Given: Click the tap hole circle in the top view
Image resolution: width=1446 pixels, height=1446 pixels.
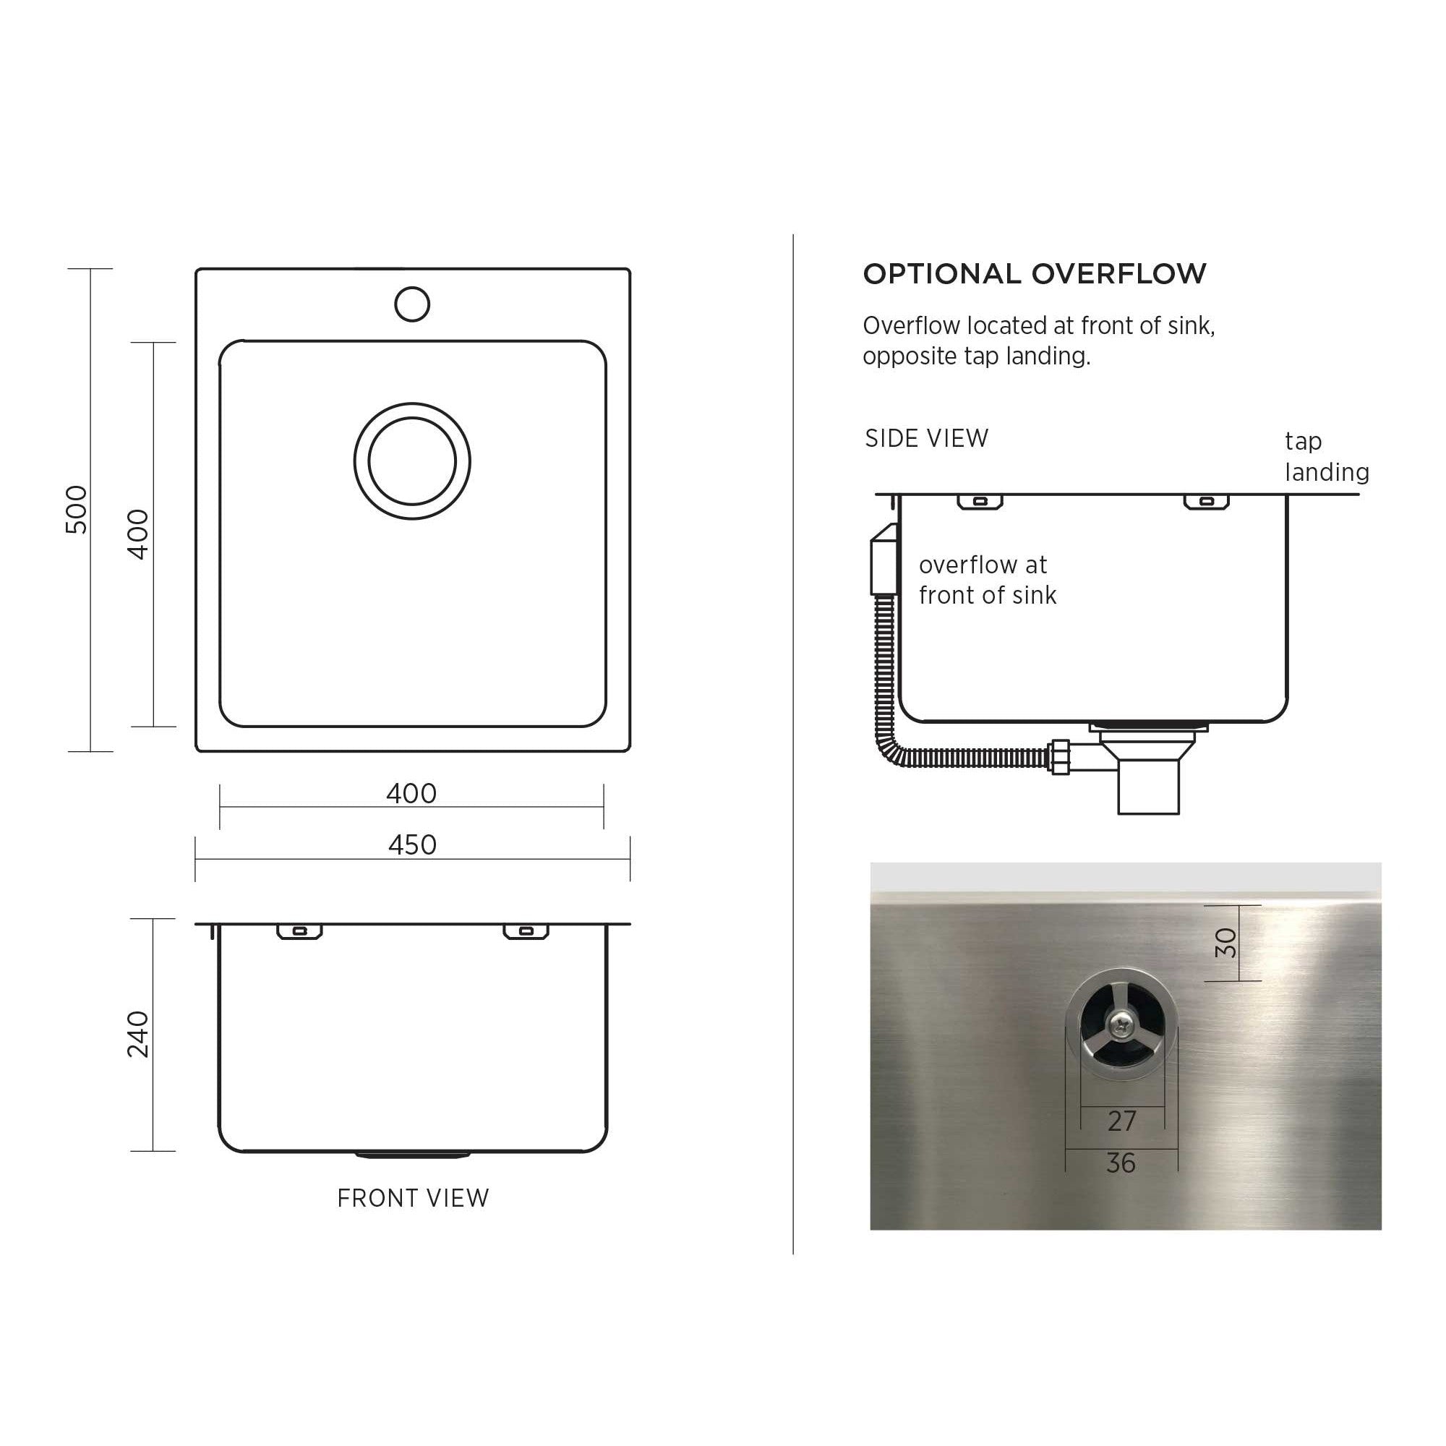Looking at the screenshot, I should pos(411,304).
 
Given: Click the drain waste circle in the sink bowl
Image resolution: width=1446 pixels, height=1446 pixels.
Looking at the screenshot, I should pos(411,461).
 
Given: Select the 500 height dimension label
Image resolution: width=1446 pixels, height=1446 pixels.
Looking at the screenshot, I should pos(77,509).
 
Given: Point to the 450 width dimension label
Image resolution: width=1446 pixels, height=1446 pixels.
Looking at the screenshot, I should pos(411,845).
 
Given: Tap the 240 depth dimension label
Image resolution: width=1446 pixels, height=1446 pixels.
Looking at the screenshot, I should pos(139,1034).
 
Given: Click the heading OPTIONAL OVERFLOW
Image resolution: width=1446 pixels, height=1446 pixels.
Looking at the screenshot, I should pos(1035,274).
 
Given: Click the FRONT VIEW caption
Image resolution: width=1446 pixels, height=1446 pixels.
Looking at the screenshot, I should pos(412,1198).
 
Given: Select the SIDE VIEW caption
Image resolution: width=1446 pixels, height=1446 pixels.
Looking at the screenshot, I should pos(927,438).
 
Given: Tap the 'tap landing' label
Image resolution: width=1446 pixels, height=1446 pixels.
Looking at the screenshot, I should pos(1326,456).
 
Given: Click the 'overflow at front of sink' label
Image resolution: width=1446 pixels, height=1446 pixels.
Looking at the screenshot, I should pos(987,580).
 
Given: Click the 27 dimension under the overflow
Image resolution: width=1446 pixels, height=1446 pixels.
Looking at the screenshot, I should pos(1122,1121).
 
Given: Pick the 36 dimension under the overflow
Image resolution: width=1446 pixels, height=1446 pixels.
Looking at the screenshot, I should pos(1121,1163).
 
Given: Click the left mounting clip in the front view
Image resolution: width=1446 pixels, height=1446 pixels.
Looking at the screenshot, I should pos(299,931).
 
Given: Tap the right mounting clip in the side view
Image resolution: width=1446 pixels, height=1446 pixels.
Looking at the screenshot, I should pos(1206,502).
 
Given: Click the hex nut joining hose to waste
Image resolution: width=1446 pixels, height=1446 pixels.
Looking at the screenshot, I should pos(1060,758).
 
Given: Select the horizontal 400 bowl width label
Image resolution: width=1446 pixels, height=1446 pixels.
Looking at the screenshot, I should pos(411,793).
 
